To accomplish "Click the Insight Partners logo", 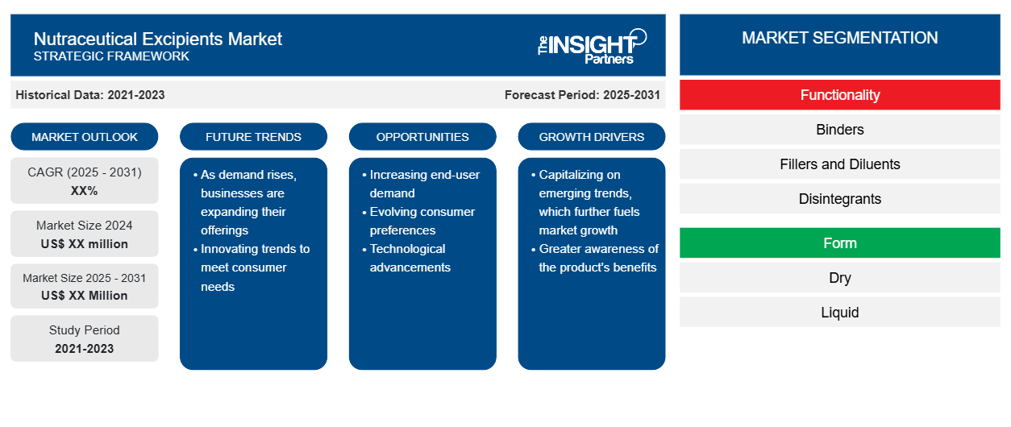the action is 592,46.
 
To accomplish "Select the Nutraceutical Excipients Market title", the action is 157,39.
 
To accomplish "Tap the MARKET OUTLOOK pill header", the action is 85,137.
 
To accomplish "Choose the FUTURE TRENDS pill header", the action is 253,137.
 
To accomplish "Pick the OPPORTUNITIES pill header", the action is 422,137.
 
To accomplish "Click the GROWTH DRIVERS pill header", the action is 591,137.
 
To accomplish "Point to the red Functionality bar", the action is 840,95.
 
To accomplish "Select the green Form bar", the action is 840,243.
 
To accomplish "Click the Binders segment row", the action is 840,130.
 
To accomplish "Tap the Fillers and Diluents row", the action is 840,164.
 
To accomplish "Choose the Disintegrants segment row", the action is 840,199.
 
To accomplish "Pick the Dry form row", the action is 840,278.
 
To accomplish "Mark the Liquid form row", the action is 840,312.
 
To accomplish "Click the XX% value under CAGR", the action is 85,191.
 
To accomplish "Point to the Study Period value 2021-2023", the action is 85,349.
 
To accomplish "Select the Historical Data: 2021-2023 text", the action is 90,95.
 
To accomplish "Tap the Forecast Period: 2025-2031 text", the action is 582,95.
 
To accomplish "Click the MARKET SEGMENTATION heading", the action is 840,38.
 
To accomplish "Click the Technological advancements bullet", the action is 407,258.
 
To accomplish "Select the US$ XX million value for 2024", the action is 85,244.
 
